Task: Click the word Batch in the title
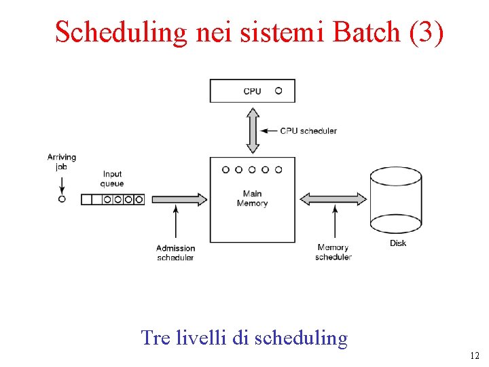pyautogui.click(x=369, y=32)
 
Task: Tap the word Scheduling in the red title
pyautogui.click(x=120, y=32)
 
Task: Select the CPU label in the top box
pyautogui.click(x=252, y=91)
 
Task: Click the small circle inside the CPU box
pyautogui.click(x=278, y=90)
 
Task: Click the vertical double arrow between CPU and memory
pyautogui.click(x=253, y=130)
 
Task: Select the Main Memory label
pyautogui.click(x=252, y=198)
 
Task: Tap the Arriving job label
pyautogui.click(x=62, y=162)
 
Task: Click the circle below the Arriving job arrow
pyautogui.click(x=62, y=199)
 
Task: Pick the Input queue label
pyautogui.click(x=112, y=179)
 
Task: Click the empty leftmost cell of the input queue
pyautogui.click(x=86, y=200)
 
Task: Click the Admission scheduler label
pyautogui.click(x=175, y=253)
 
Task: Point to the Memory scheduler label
pyautogui.click(x=333, y=252)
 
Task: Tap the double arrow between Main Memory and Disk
pyautogui.click(x=333, y=199)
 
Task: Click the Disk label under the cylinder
pyautogui.click(x=398, y=243)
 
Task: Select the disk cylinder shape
pyautogui.click(x=396, y=199)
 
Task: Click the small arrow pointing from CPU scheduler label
pyautogui.click(x=269, y=130)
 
